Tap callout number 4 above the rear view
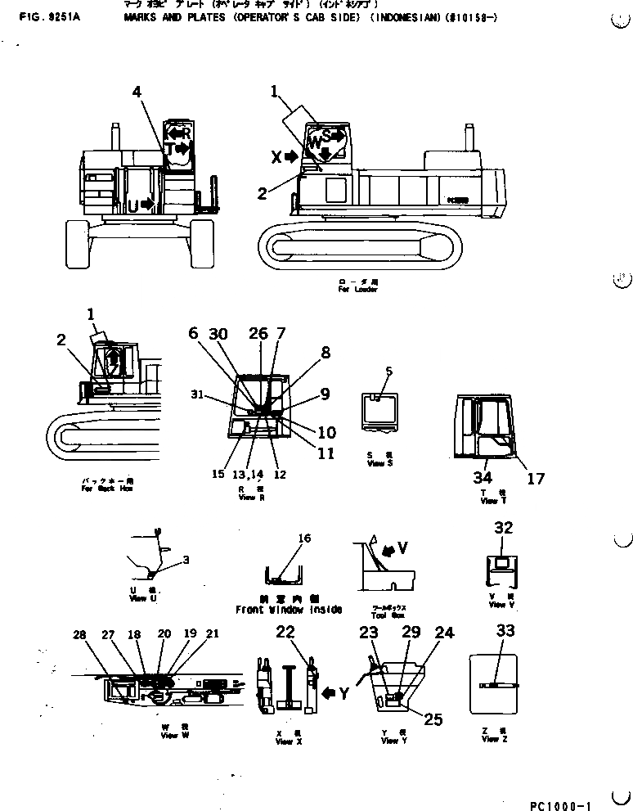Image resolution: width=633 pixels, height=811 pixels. pos(137,93)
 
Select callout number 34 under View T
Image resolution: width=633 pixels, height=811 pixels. pos(483,477)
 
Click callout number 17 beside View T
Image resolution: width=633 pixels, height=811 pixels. pos(535,479)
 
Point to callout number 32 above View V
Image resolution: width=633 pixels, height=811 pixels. pos(503,528)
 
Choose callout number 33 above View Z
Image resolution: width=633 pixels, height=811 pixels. pos(505,631)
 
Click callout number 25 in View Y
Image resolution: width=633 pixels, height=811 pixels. pos(433,719)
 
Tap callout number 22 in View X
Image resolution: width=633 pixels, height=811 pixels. pos(285,631)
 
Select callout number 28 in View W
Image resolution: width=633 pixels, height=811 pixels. pos(79,635)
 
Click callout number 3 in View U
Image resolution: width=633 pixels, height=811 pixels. pos(186,560)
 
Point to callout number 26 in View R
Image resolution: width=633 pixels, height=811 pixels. pos(258,334)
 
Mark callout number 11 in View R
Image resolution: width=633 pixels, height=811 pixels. pos(325,454)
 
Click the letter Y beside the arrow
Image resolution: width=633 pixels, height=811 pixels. pos(344,694)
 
